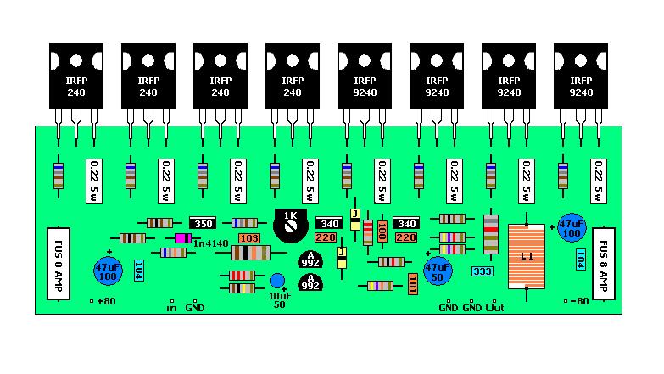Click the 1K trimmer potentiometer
[290, 222]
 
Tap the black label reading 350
[203, 224]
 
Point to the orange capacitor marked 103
[248, 238]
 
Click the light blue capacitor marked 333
[483, 272]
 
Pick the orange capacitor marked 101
[412, 282]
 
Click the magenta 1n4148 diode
[181, 238]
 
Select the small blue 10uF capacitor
[276, 282]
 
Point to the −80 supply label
[578, 302]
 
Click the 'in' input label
[171, 306]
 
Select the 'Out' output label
[495, 306]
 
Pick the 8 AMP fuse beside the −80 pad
[603, 262]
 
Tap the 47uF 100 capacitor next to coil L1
[572, 228]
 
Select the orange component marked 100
[382, 231]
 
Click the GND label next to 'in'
[195, 306]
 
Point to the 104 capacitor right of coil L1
[581, 260]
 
